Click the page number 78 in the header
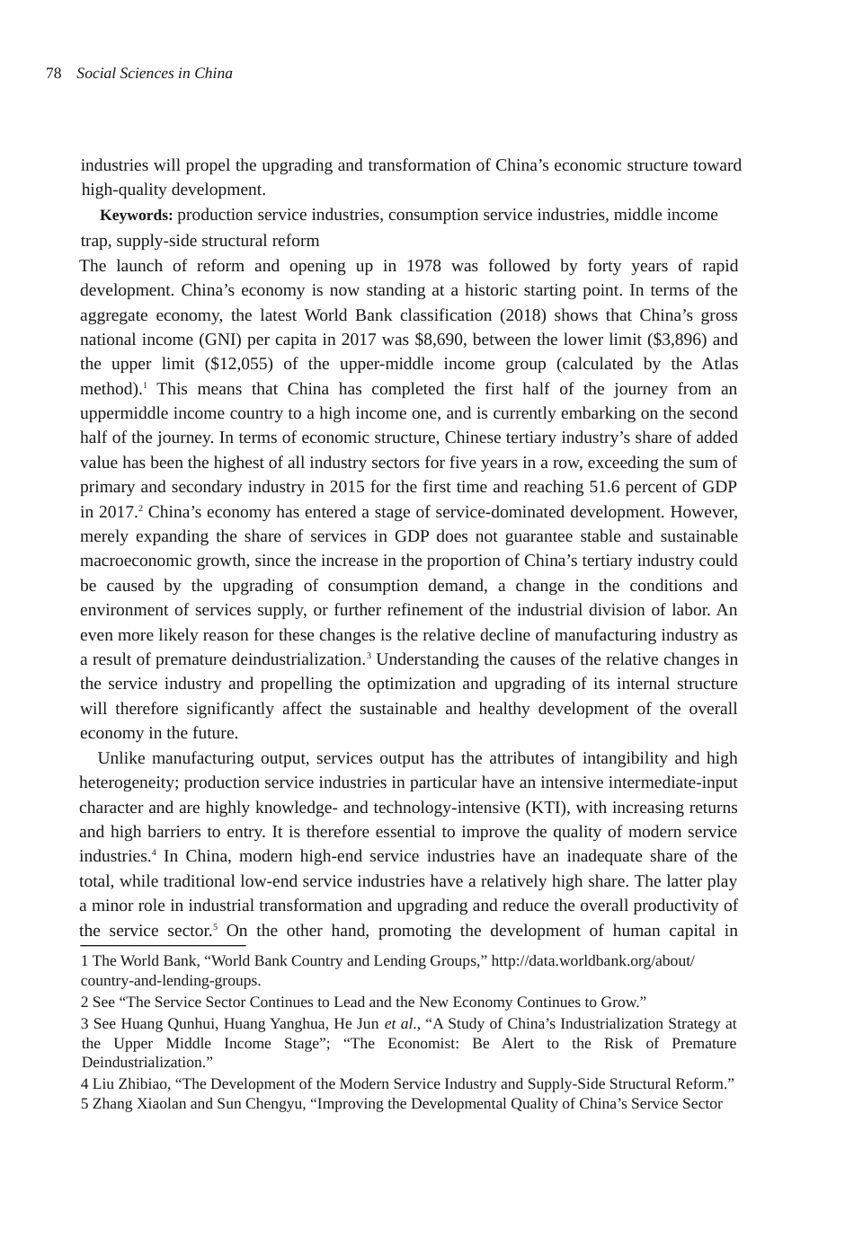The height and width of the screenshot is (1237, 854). [x=53, y=74]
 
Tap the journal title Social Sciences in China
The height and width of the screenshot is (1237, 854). [x=155, y=74]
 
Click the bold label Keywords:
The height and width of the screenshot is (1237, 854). [x=136, y=216]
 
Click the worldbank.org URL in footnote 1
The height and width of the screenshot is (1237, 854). [x=593, y=961]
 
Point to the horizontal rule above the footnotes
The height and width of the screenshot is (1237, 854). [x=163, y=945]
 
